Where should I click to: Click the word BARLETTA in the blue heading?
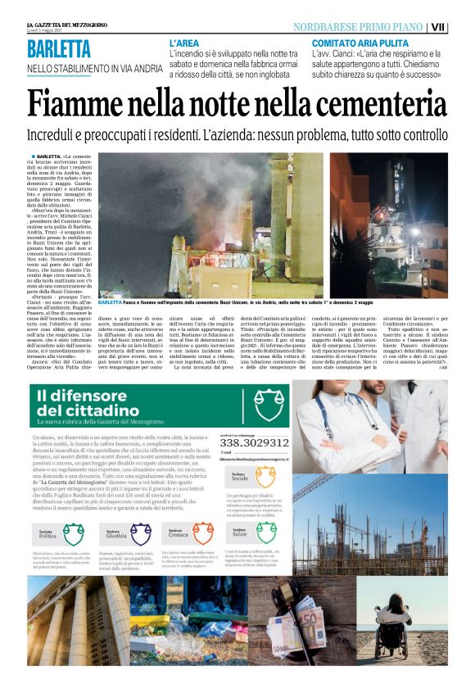click(x=58, y=48)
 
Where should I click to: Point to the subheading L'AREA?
click(x=186, y=42)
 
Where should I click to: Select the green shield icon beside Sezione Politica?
click(x=74, y=533)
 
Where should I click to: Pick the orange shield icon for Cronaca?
click(x=201, y=533)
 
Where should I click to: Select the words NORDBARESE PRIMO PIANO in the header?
click(x=364, y=27)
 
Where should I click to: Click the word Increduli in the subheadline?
click(x=58, y=134)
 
